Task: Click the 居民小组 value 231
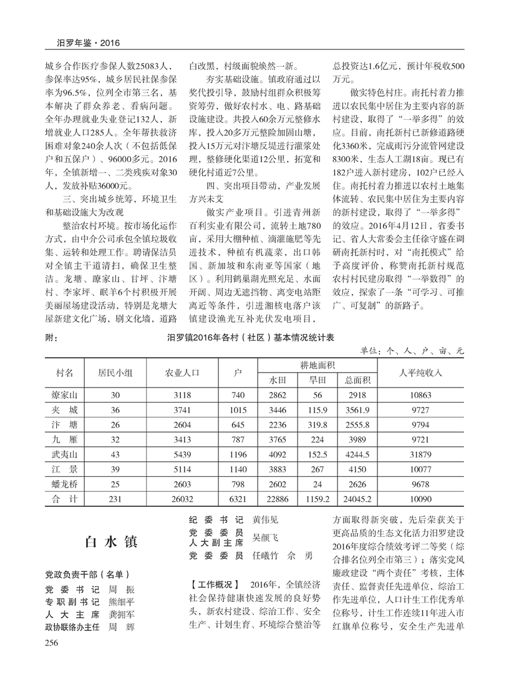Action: click(115, 499)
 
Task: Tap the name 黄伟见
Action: click(265, 519)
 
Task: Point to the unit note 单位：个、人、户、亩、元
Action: click(413, 351)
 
